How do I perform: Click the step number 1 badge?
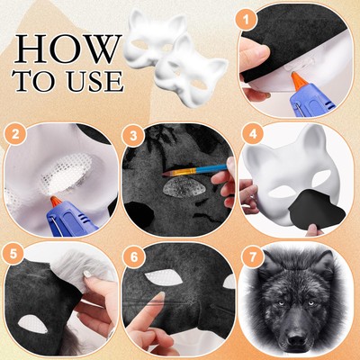point(247,20)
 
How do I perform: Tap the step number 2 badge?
point(15,134)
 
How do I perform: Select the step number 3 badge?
point(133,136)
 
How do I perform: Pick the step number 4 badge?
point(253,134)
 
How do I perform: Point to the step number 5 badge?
point(13,254)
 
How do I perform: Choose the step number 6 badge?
point(134,256)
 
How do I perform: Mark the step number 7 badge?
point(253,256)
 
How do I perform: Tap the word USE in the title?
point(95,81)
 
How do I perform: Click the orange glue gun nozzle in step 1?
point(298,80)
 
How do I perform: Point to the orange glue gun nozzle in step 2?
point(56,202)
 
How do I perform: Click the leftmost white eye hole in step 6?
point(164,277)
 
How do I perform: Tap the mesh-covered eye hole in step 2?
point(65,174)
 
